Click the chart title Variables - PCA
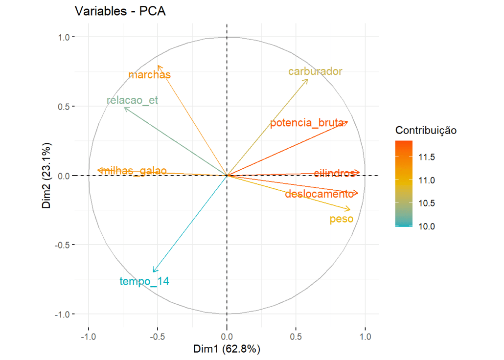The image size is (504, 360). point(120,12)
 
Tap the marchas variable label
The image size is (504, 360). point(149,75)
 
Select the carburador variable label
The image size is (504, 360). point(315,71)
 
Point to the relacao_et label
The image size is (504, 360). point(132,101)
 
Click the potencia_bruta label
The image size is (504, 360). point(307,123)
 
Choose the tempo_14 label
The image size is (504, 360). point(144,281)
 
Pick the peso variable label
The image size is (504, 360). point(342,219)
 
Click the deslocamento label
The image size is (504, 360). point(319,194)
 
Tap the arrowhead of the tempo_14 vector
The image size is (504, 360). point(154,271)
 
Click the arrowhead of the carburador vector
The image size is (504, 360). point(307,79)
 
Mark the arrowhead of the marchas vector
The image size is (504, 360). point(158,66)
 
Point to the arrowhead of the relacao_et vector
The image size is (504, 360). point(125,108)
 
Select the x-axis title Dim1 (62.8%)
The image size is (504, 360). point(227,349)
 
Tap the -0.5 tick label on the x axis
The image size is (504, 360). point(157,337)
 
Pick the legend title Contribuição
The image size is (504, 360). point(426,131)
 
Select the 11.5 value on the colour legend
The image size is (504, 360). point(427,157)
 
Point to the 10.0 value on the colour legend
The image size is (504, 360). point(427,226)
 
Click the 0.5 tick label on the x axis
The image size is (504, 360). point(296,337)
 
